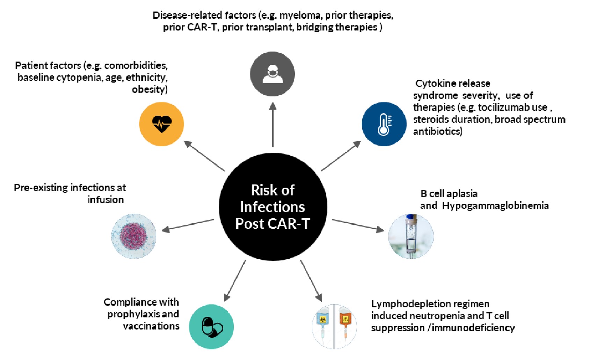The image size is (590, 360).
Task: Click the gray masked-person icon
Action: coord(272,74)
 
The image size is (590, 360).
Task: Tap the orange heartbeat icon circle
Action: coord(161,124)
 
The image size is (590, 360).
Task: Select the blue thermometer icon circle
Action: coord(384,124)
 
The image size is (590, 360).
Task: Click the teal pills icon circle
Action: coord(211,326)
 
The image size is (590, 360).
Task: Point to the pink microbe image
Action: coord(134,236)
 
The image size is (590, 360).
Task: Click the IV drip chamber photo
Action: coord(411,236)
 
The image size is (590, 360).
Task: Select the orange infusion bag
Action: coord(345,321)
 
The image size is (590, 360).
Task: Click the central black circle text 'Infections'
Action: coord(272,207)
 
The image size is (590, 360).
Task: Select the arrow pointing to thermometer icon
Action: coord(341,156)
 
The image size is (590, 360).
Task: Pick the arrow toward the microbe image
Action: coord(188,225)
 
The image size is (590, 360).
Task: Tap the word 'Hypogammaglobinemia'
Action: coord(495,206)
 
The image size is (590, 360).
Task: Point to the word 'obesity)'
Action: coord(150,89)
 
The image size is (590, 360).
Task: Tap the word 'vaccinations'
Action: coord(151,326)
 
